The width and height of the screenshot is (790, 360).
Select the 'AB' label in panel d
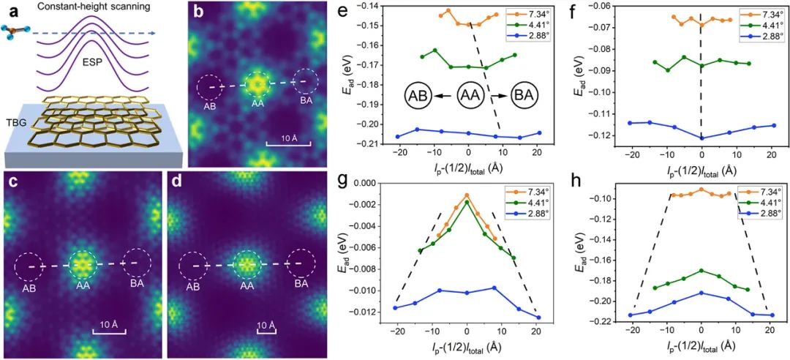[193, 288]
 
